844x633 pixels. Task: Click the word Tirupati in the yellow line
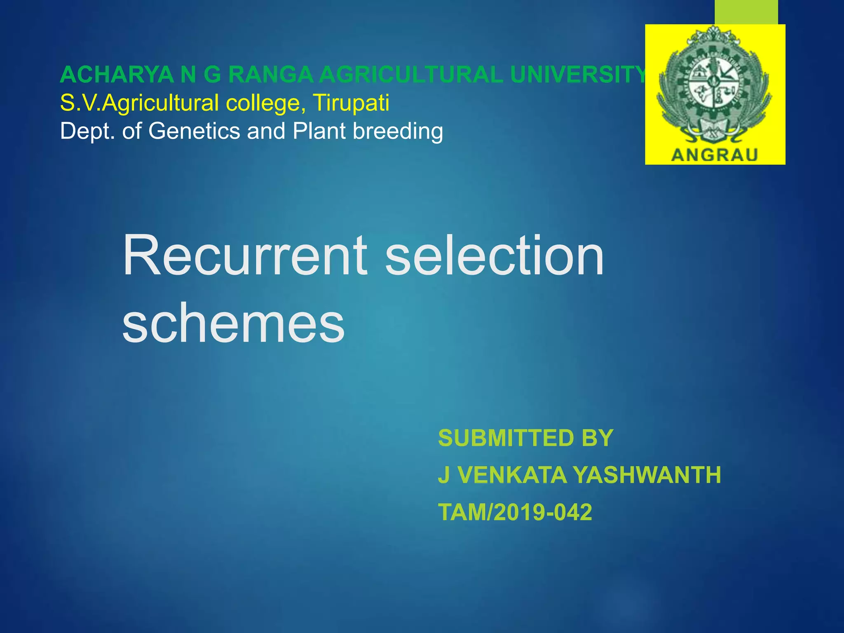351,103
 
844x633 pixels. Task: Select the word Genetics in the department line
194,131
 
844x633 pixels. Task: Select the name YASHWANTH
647,475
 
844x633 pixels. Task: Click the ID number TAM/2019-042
515,512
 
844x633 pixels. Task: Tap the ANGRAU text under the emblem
715,155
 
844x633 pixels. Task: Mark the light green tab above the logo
746,12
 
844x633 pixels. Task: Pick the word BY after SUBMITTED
598,438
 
